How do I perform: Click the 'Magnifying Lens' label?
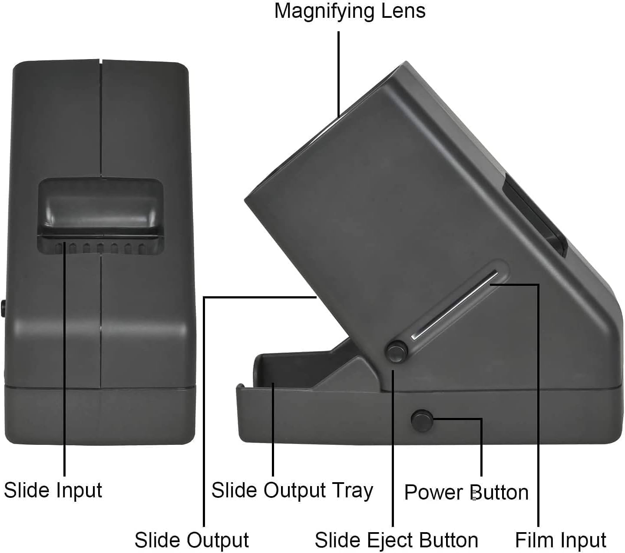point(350,10)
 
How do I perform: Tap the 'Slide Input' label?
point(53,490)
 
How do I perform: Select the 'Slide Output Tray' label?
point(292,490)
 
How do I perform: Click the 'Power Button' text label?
point(466,492)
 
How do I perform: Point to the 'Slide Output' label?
point(192,540)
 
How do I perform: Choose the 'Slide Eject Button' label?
point(396,540)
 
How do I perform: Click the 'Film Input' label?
point(560,540)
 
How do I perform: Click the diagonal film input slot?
point(454,304)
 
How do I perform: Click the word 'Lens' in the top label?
point(403,10)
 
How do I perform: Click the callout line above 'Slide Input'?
point(65,369)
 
